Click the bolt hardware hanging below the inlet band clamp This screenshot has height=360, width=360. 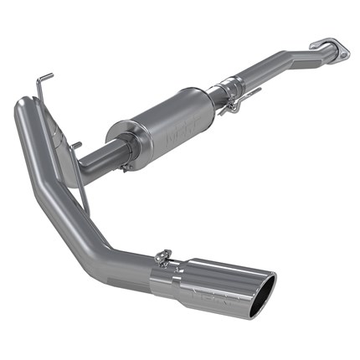click(237, 106)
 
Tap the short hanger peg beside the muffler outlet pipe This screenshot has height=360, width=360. click(77, 147)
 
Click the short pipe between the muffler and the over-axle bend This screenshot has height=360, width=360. click(92, 157)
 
